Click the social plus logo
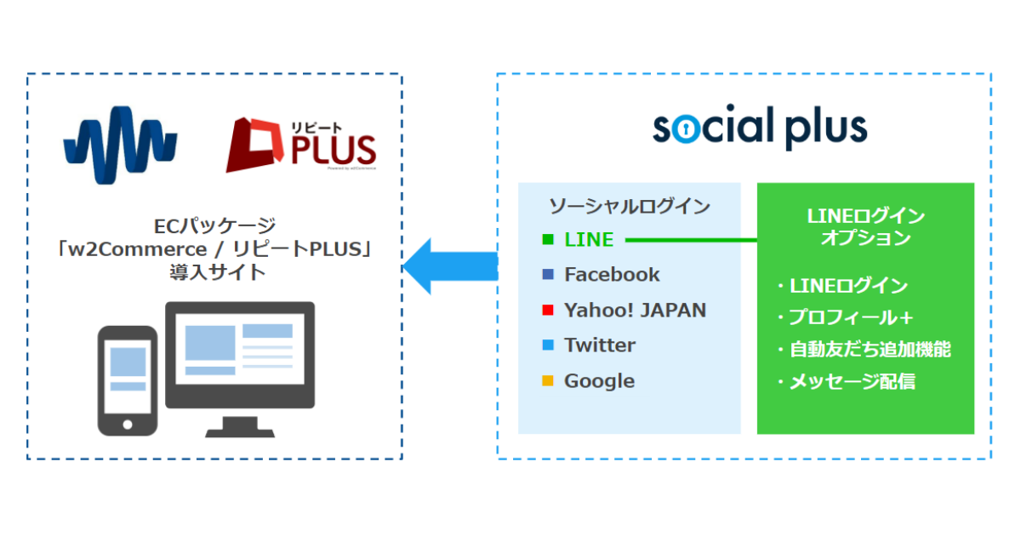click(x=759, y=128)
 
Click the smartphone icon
click(x=128, y=380)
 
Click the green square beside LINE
click(x=548, y=240)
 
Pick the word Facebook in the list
click(x=612, y=274)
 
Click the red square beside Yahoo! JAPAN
click(x=548, y=311)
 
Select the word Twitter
click(x=600, y=345)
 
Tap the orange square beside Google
click(x=548, y=381)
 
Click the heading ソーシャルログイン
click(x=630, y=205)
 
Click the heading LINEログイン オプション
click(x=865, y=226)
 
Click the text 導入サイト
click(x=216, y=273)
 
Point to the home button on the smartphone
click(x=128, y=423)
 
